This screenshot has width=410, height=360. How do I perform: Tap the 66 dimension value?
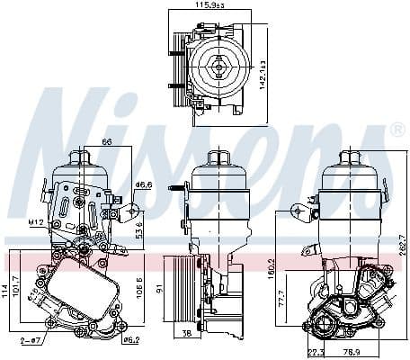[106, 141]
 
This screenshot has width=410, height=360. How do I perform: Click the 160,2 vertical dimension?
[295, 267]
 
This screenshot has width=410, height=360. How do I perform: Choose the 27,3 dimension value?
[316, 352]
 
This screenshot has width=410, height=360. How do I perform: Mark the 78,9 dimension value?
[352, 352]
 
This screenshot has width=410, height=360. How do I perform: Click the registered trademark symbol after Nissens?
[396, 131]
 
